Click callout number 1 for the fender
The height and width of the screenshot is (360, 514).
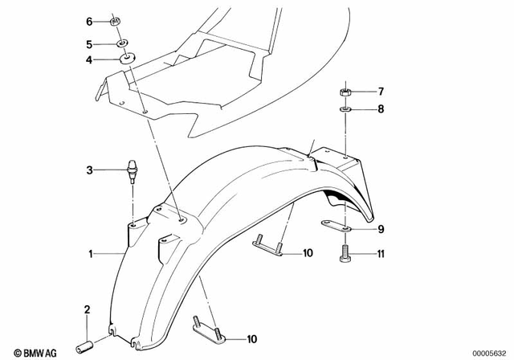[x=92, y=255]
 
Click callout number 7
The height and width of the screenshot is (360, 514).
[x=381, y=91]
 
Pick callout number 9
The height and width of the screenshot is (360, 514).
[x=381, y=229]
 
